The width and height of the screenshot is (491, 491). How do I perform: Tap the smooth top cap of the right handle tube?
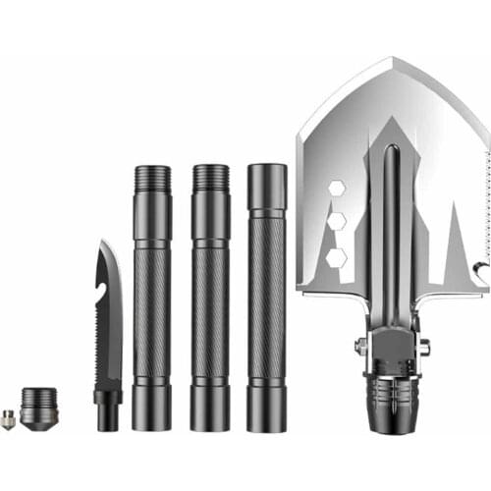tap(267, 187)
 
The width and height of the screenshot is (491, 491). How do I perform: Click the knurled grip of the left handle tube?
tap(152, 314)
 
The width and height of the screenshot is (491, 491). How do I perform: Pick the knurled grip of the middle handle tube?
tap(210, 314)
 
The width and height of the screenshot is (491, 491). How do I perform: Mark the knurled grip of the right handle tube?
tap(267, 314)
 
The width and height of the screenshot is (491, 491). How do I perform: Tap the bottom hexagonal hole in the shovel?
tap(336, 257)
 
